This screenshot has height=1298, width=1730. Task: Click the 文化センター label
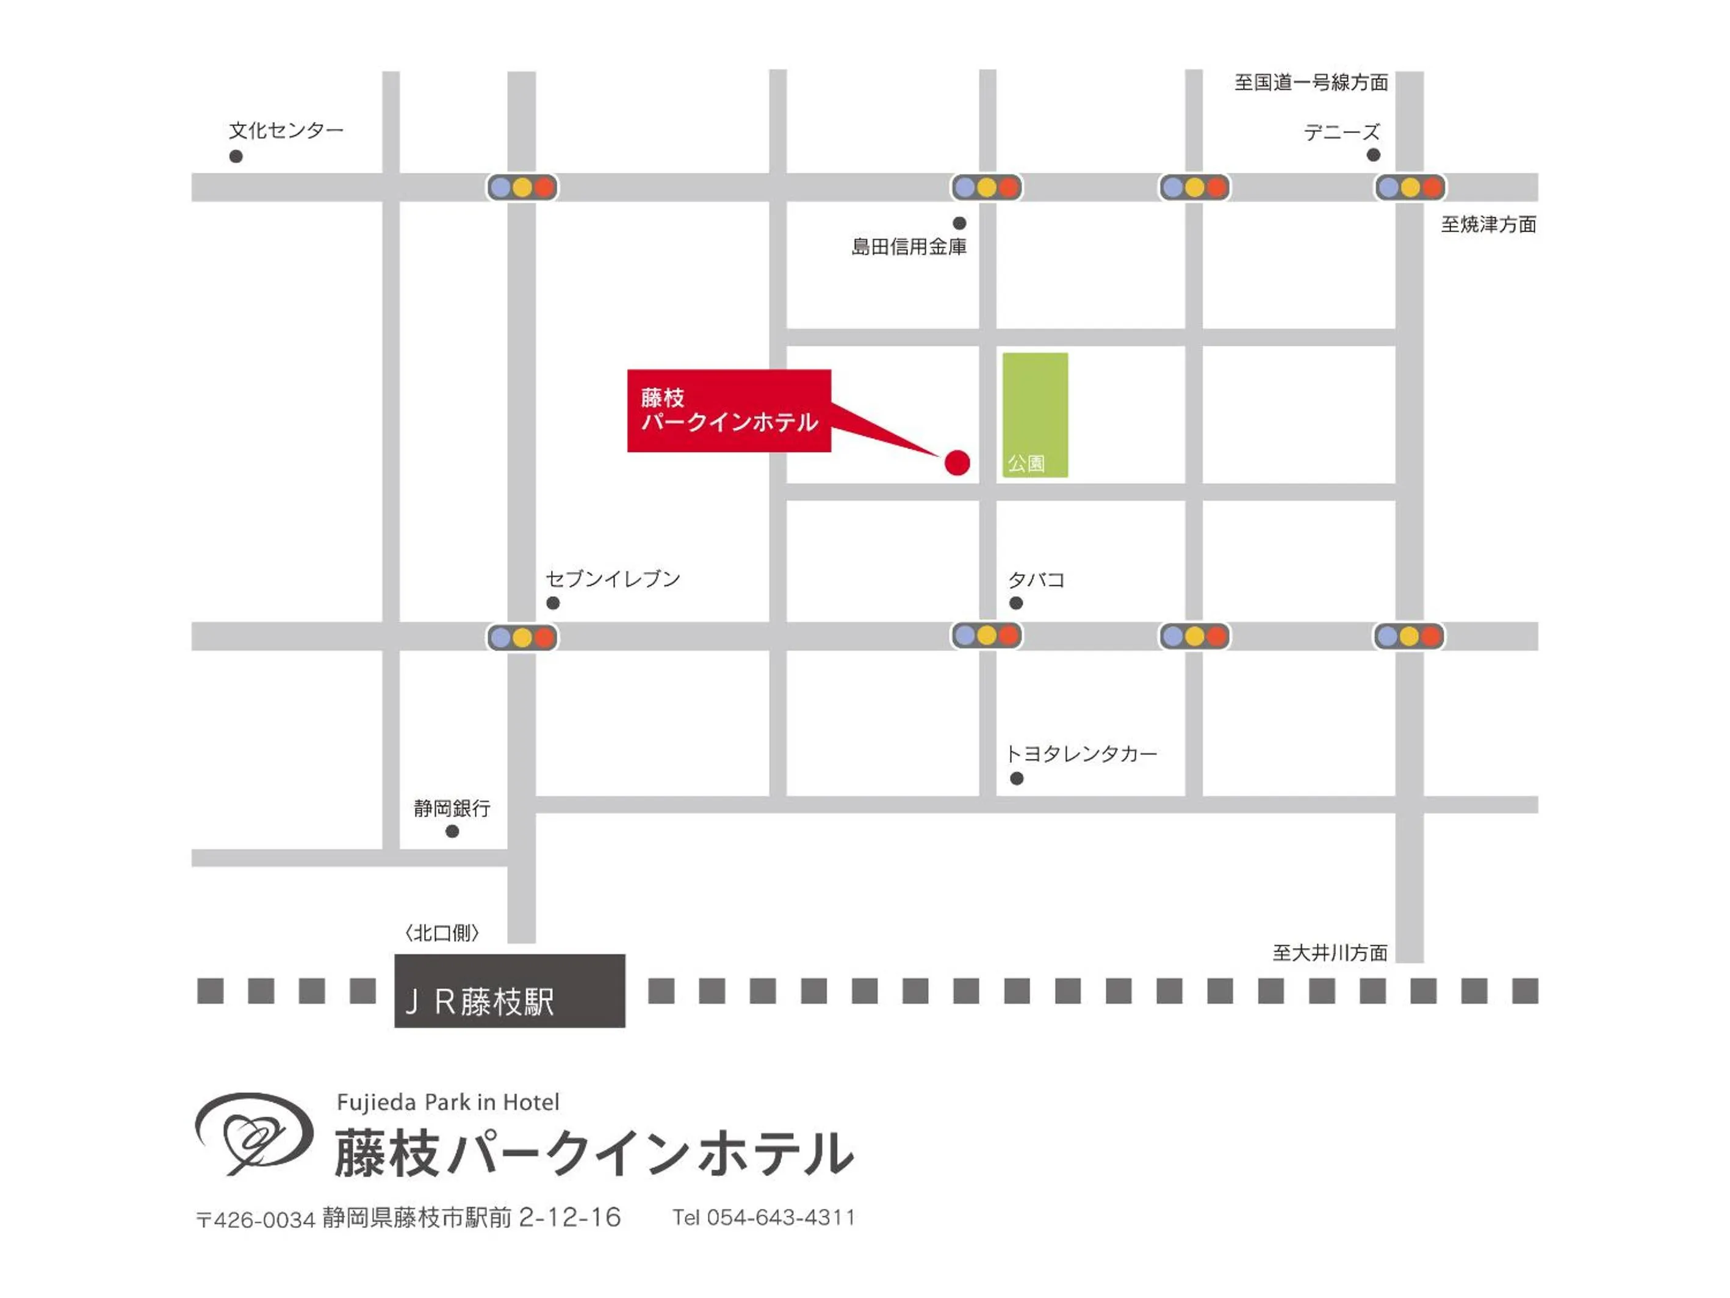[x=286, y=130]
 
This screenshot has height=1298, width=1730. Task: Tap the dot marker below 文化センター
[x=236, y=156]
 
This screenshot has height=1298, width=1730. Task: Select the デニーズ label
[x=1341, y=132]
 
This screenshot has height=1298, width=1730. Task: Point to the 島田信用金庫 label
[x=909, y=247]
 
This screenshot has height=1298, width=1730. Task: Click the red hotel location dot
[x=957, y=462]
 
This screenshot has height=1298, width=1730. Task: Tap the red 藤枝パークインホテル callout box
[x=728, y=410]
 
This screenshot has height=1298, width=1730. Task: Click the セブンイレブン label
[x=613, y=578]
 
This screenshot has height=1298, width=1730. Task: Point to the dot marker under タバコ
[x=1016, y=603]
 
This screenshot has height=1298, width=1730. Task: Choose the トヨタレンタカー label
[x=1081, y=753]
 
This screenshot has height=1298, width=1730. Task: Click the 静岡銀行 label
[x=452, y=808]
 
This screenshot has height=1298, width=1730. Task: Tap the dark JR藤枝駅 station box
[x=509, y=990]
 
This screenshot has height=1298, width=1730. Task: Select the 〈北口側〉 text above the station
[x=442, y=933]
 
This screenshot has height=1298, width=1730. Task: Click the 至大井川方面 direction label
[x=1330, y=952]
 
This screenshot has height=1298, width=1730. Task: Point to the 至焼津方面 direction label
[x=1488, y=225]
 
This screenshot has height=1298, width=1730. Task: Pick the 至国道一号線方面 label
[x=1311, y=82]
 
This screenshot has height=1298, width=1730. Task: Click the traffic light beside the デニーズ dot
[x=1410, y=187]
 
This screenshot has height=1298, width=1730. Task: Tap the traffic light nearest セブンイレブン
[x=522, y=637]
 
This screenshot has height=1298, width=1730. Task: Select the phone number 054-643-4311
[x=780, y=1217]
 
